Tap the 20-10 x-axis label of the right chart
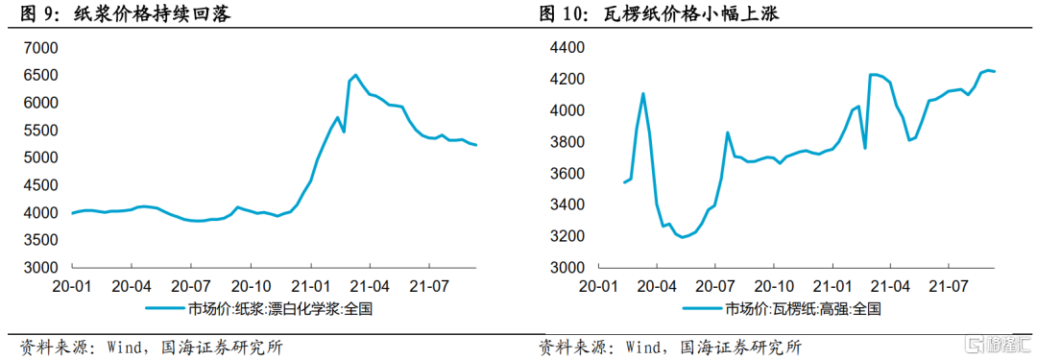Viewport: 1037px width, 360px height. coord(775,285)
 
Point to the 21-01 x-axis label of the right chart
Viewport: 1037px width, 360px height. coord(833,285)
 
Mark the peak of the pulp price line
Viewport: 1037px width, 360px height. coord(355,75)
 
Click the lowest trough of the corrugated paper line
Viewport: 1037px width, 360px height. coord(682,236)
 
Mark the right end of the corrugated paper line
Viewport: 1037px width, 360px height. coord(995,72)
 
